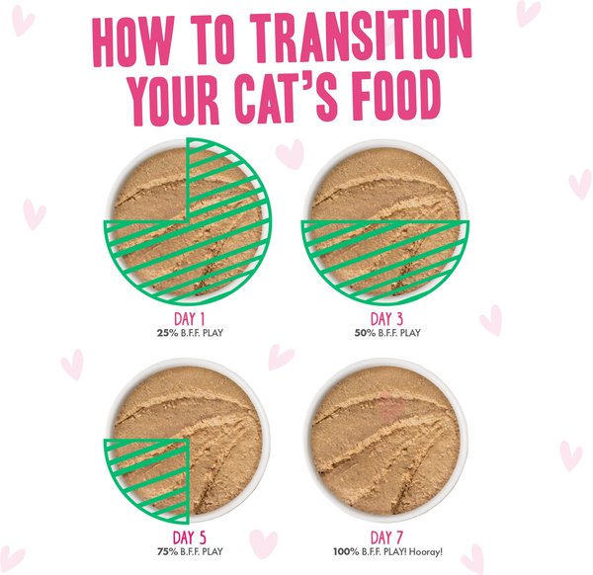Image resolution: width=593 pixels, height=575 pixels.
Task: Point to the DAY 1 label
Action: [189, 319]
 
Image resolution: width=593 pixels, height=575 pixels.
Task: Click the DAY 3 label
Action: [386, 319]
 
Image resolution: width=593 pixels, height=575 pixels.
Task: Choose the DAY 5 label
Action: [189, 538]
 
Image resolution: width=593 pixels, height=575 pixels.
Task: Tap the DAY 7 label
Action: [386, 538]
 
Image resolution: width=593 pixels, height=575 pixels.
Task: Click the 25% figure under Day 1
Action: [165, 333]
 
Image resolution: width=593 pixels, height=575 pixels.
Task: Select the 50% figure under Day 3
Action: [365, 333]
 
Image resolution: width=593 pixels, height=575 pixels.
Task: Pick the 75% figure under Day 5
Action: [168, 551]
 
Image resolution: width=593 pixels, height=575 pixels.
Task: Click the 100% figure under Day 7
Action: [346, 552]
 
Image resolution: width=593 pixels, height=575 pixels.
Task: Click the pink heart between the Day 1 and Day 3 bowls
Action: [290, 154]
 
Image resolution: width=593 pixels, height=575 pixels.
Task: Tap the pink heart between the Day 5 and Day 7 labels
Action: [263, 544]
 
